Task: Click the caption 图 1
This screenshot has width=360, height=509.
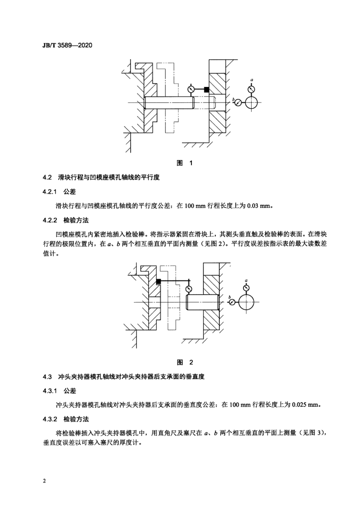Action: tap(184, 163)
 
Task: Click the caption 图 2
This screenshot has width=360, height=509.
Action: tap(184, 362)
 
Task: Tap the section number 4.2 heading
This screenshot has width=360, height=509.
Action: tap(47, 177)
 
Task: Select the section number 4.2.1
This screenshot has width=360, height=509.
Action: tap(50, 192)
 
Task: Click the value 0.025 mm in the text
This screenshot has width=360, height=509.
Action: tap(305, 405)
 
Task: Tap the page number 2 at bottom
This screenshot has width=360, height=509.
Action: tap(44, 481)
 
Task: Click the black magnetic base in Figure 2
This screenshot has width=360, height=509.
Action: tap(159, 282)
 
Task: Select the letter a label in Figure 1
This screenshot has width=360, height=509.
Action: tap(252, 80)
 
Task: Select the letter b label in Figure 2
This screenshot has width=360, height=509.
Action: tap(230, 297)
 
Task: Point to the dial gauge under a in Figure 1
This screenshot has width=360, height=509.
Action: tap(251, 89)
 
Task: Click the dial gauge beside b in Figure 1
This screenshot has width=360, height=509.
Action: tap(238, 102)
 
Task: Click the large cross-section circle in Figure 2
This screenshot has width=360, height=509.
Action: tap(247, 303)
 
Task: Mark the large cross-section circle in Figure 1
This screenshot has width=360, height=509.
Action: tap(252, 103)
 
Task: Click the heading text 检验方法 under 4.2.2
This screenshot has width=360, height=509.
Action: tap(76, 220)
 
